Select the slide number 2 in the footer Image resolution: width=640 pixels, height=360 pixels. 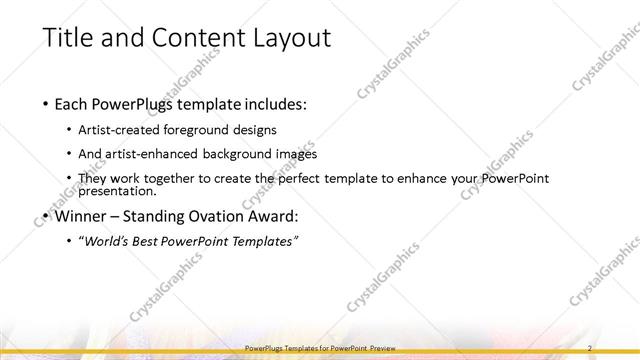pyautogui.click(x=590, y=347)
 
